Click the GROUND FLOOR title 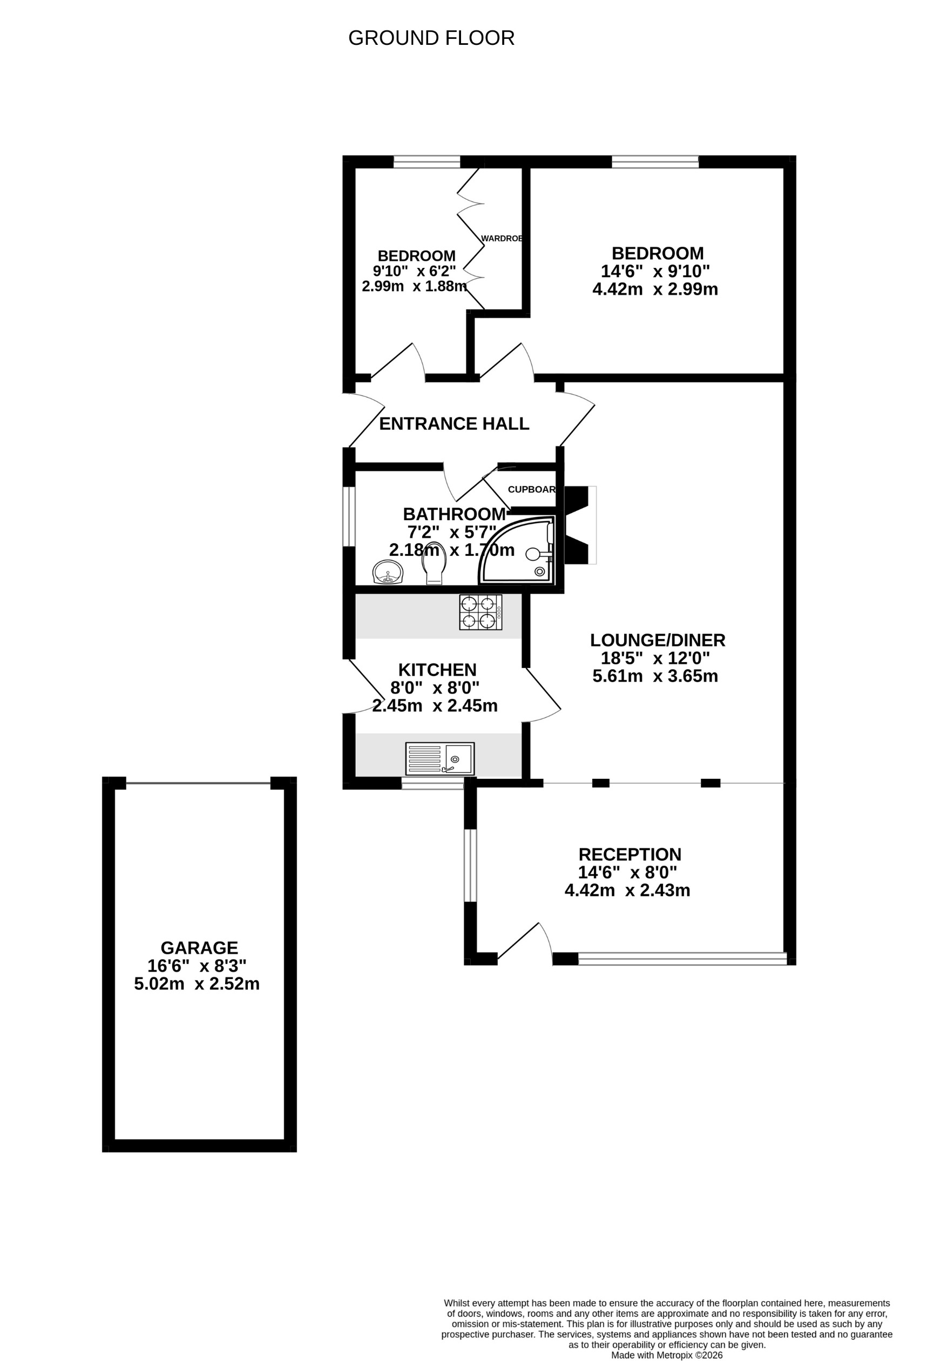click(x=431, y=38)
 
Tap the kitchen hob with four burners click(x=480, y=612)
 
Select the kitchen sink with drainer click(x=440, y=758)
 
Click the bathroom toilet click(x=434, y=563)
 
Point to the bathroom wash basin click(x=388, y=571)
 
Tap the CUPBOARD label click(x=531, y=490)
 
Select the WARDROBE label click(x=501, y=238)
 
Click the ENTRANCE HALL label click(x=454, y=424)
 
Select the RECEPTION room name click(x=630, y=854)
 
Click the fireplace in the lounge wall click(x=579, y=525)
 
